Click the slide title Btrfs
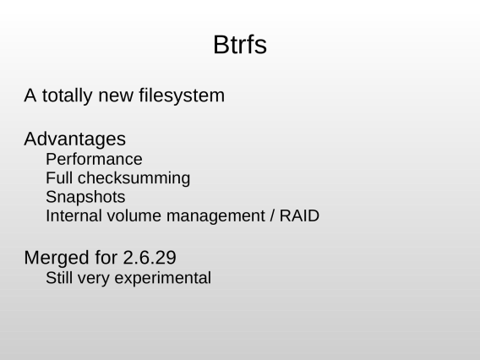240,45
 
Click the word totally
67,95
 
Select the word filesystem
182,95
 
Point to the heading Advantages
74,139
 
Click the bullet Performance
94,159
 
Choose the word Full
59,177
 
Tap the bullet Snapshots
85,197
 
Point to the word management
215,216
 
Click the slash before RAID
272,215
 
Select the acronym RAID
299,215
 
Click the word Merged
57,258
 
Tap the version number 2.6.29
150,258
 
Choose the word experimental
163,279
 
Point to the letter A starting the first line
30,95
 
